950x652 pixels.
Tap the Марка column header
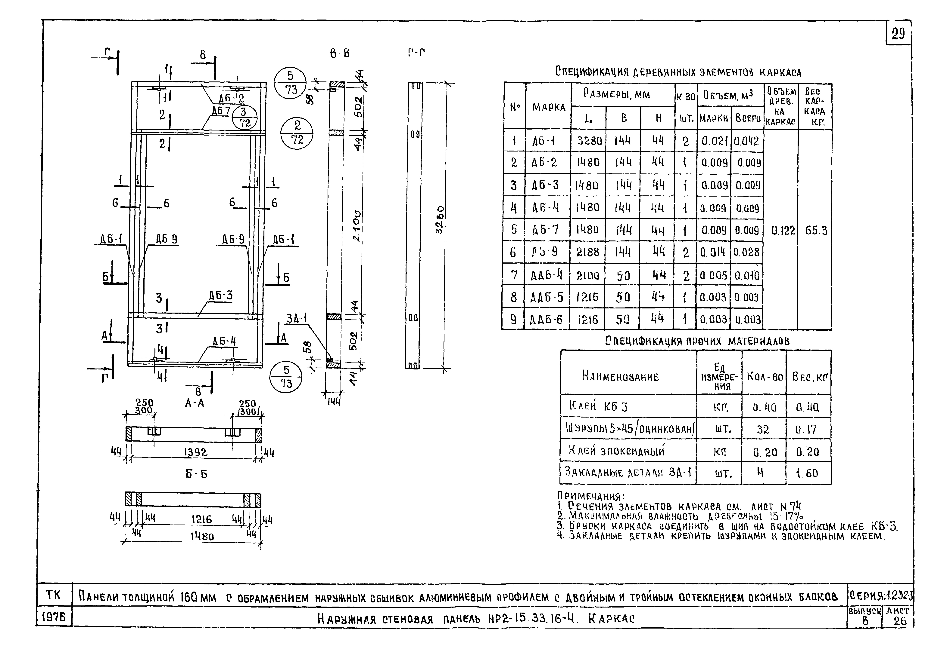click(548, 107)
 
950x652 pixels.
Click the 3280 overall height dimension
click(440, 220)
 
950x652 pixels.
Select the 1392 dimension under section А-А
click(195, 452)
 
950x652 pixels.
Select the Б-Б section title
click(196, 474)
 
